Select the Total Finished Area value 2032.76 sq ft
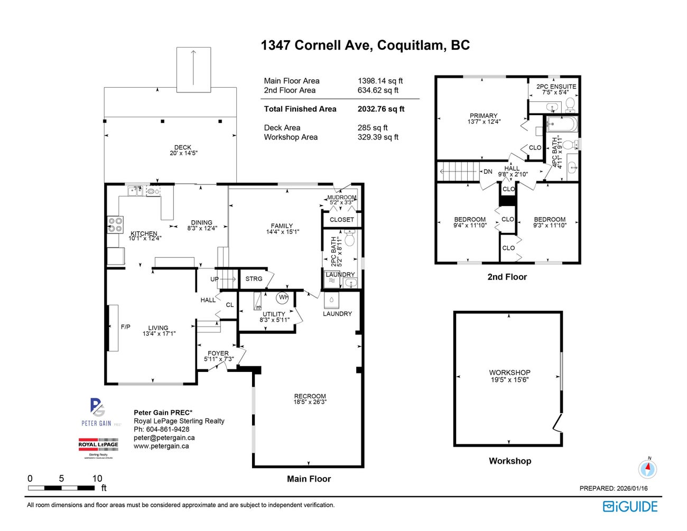point(380,109)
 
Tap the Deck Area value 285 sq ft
point(372,128)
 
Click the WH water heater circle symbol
point(283,297)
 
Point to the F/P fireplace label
point(125,327)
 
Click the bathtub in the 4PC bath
point(562,125)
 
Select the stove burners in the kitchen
point(115,225)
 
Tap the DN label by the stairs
point(488,172)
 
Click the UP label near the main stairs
point(215,279)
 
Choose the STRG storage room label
point(254,279)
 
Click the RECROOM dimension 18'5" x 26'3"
point(310,402)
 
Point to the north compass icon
point(647,469)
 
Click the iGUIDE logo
point(630,507)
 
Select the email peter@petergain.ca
point(164,437)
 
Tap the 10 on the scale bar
point(97,479)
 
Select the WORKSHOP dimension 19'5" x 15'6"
point(509,380)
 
